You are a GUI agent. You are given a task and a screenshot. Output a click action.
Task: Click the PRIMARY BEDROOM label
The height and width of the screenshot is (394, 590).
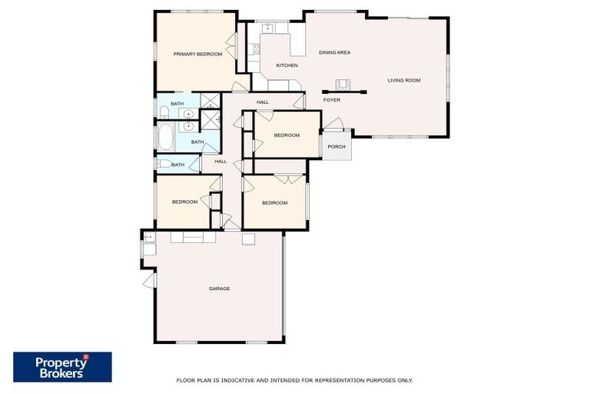[197, 54]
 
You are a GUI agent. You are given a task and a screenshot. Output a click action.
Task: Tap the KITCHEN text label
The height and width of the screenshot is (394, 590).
[287, 65]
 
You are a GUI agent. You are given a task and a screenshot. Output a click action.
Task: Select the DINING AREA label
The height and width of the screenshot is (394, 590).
[334, 52]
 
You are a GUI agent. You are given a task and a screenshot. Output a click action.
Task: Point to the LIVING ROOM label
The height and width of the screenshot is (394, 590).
[403, 80]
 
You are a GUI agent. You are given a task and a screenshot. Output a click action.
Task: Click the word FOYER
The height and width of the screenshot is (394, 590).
[331, 100]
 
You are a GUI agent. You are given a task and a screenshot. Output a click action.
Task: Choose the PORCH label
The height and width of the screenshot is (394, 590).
[336, 146]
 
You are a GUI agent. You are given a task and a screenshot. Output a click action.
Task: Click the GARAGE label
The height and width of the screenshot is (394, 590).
[219, 289]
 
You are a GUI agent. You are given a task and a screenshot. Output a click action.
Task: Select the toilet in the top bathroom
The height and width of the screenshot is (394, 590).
[164, 113]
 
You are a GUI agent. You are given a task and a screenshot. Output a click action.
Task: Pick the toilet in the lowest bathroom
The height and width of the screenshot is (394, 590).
[163, 164]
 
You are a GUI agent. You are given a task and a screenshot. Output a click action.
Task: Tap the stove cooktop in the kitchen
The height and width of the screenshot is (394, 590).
[256, 51]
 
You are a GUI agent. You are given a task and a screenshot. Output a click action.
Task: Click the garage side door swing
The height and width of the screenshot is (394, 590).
[148, 281]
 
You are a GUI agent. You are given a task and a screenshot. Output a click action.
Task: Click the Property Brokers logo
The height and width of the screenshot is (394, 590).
[62, 367]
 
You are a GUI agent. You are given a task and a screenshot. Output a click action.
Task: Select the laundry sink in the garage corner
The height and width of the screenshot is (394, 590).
[148, 237]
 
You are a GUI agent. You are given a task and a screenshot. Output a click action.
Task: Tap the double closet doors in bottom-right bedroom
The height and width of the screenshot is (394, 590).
[284, 179]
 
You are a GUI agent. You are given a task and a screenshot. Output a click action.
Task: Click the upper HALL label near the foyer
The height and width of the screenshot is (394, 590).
[262, 102]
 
